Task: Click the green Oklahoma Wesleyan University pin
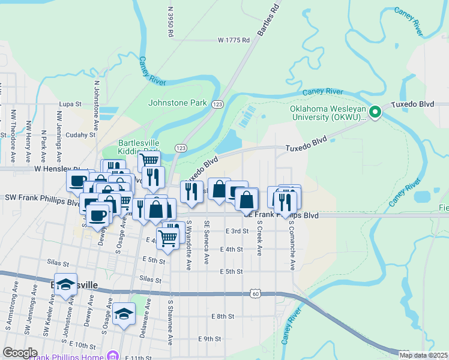coord(375,112)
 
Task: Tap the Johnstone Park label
coord(177,103)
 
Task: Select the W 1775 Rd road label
coord(233,40)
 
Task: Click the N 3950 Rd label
coord(170,23)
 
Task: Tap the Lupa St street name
coord(70,104)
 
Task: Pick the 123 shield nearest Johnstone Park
coord(218,104)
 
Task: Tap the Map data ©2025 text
coord(423,355)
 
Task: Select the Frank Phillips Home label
coord(71,357)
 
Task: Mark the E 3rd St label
coord(237,231)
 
